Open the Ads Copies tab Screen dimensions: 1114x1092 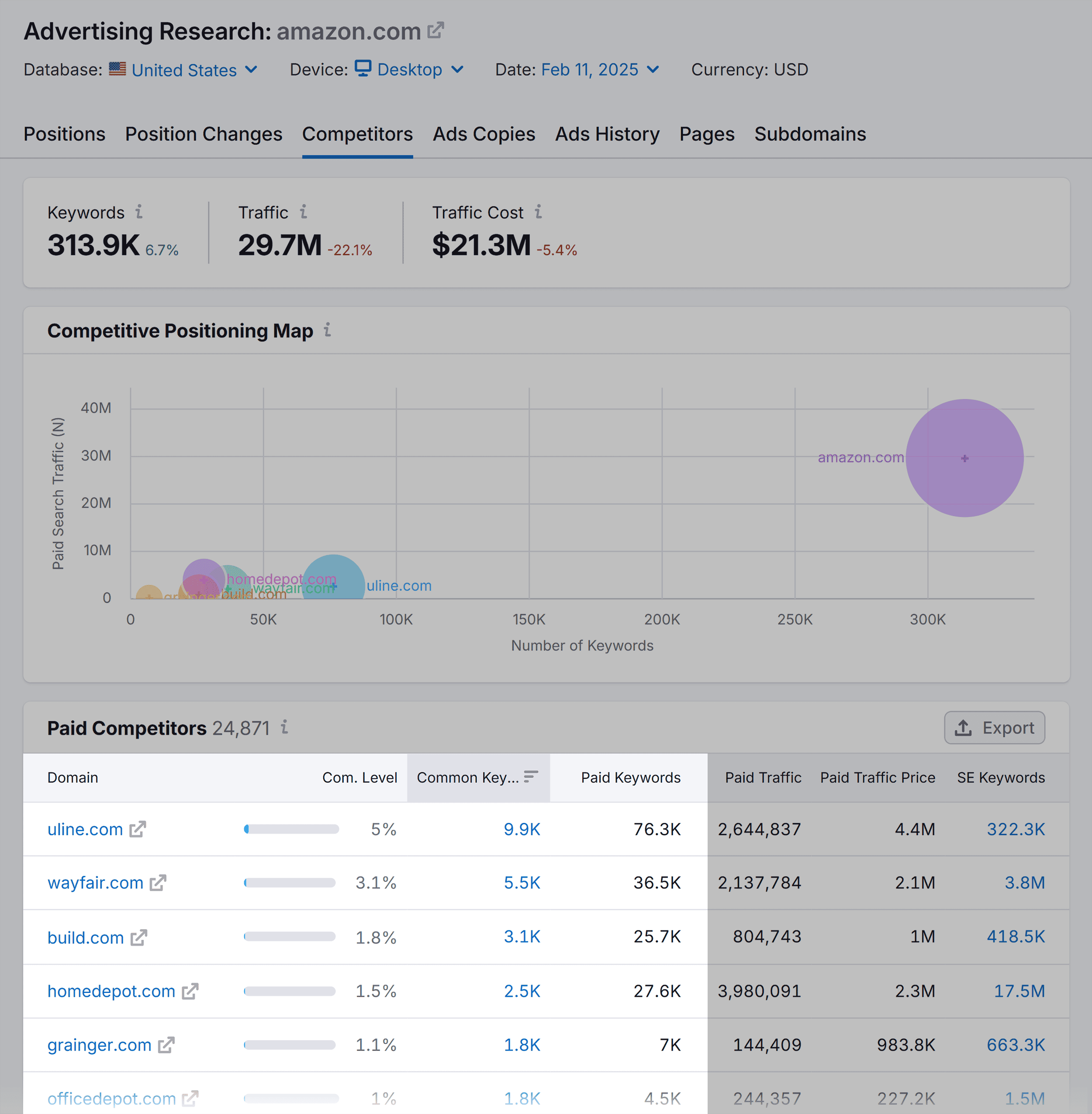click(x=484, y=134)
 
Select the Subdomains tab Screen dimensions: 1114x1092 click(x=809, y=134)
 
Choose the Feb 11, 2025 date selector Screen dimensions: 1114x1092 click(x=599, y=70)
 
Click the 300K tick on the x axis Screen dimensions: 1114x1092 click(x=927, y=619)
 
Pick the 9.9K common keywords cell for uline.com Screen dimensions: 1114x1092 click(x=522, y=829)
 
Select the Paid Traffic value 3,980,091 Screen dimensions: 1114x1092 click(x=759, y=991)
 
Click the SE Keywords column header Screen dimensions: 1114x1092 click(x=1000, y=777)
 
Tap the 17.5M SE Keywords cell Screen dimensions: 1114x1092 click(x=1019, y=991)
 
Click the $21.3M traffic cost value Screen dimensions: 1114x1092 click(x=481, y=245)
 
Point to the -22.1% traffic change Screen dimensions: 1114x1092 click(x=349, y=250)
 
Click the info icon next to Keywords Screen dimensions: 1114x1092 click(x=139, y=212)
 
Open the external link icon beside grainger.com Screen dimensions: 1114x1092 click(x=166, y=1045)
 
